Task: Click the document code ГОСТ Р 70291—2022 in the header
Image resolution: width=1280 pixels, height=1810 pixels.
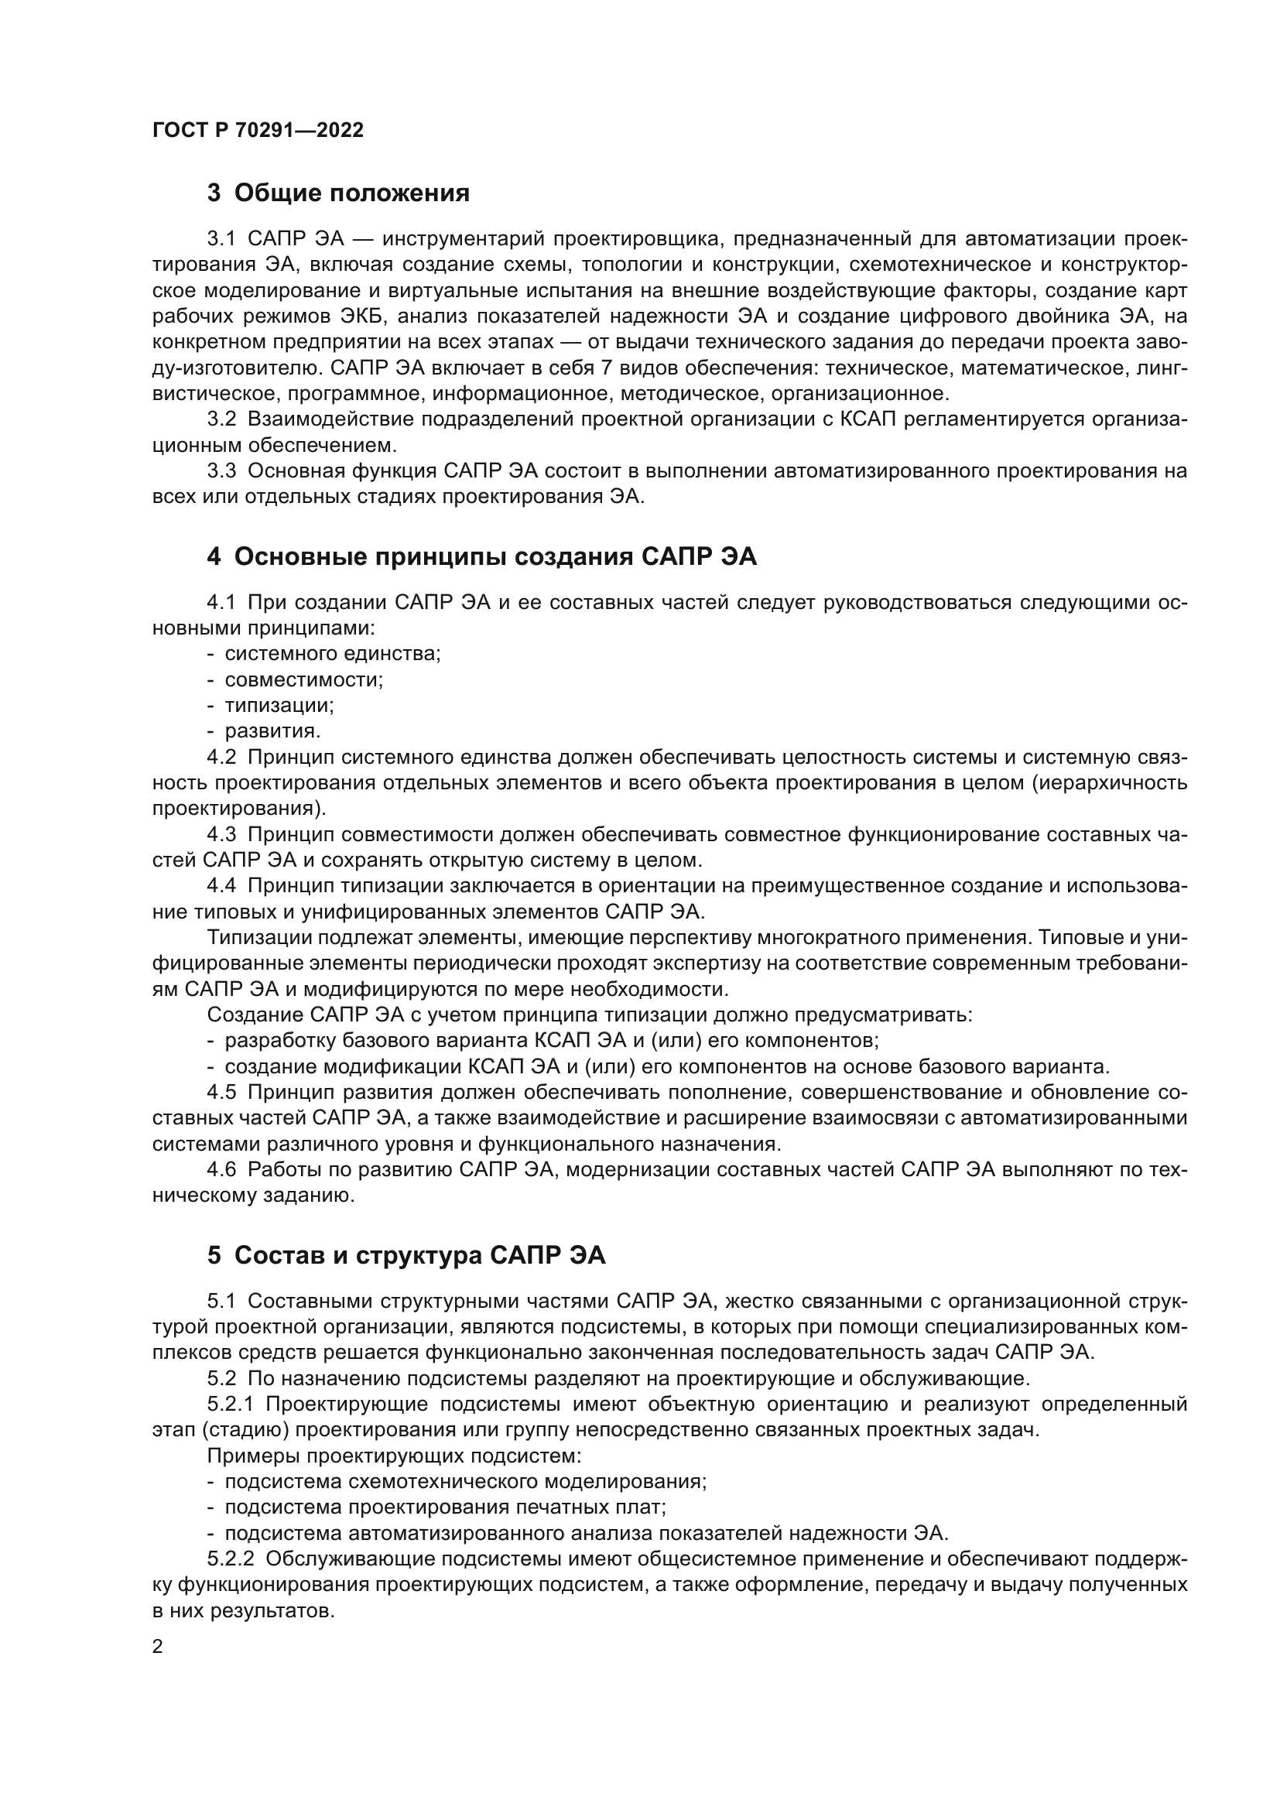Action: coord(258,131)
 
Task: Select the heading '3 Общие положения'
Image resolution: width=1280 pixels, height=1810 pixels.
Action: coord(338,193)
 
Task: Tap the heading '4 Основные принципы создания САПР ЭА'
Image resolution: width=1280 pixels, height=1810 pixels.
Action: coord(481,556)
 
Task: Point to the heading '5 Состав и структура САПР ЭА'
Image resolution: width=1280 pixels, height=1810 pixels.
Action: coord(406,1255)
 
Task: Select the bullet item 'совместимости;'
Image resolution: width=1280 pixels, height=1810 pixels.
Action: coord(303,679)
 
